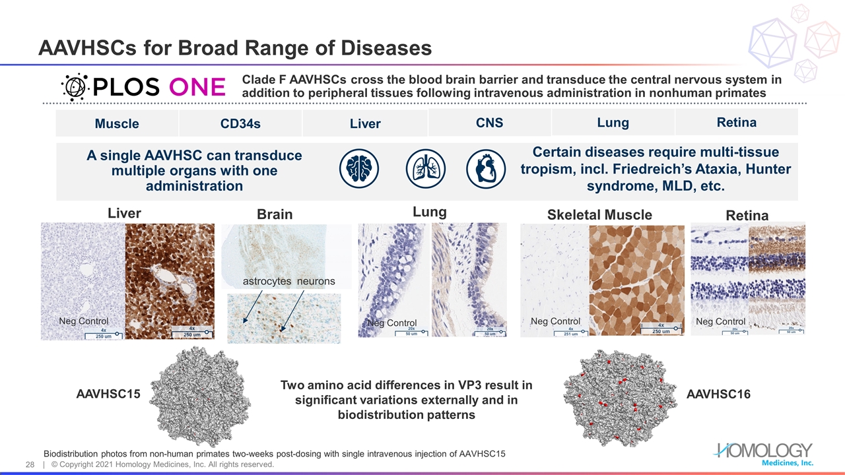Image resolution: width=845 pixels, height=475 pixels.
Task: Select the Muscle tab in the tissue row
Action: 117,123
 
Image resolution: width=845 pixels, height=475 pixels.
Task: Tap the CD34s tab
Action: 240,123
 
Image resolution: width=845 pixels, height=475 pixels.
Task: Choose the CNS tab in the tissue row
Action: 489,122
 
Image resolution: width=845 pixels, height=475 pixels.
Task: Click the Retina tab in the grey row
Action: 736,122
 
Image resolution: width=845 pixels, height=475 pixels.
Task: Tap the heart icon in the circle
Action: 487,170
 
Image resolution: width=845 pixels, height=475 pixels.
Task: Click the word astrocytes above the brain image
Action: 267,281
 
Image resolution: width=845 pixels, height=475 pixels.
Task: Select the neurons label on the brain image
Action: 316,281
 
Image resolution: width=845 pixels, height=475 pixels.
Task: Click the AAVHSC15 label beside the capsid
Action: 108,394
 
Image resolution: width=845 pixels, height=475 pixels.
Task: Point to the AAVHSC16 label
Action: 718,394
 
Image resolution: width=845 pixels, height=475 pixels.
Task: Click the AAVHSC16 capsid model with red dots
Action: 619,398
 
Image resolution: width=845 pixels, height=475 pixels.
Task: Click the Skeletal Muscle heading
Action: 599,214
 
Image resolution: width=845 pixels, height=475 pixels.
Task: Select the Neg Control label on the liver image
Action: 83,321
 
